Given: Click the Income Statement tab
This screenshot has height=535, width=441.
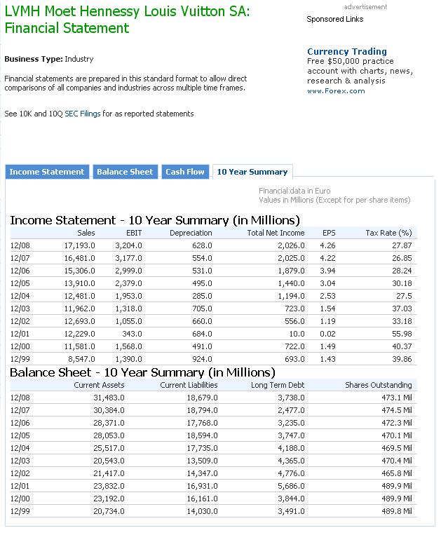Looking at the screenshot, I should tap(47, 172).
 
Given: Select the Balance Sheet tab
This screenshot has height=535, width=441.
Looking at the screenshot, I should tap(125, 172).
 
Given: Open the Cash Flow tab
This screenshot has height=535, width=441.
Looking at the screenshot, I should tap(185, 172).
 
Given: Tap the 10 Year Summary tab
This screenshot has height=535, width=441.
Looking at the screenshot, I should tap(252, 172).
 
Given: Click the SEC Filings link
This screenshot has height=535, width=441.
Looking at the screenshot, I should tap(82, 114).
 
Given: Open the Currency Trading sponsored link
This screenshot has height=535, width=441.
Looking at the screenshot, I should tap(347, 51).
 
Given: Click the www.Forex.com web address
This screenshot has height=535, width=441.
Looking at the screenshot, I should tap(336, 90).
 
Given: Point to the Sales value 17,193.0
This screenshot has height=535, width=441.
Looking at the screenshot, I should tap(79, 245).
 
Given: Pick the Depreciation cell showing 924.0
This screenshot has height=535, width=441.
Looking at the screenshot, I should tap(201, 359).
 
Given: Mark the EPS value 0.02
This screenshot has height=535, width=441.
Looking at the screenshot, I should tap(327, 334).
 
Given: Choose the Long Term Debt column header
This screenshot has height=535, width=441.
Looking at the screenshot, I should tap(278, 385).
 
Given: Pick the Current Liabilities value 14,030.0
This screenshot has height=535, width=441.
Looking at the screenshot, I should tap(199, 511).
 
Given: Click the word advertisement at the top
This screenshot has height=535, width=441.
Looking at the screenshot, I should tap(365, 7).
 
